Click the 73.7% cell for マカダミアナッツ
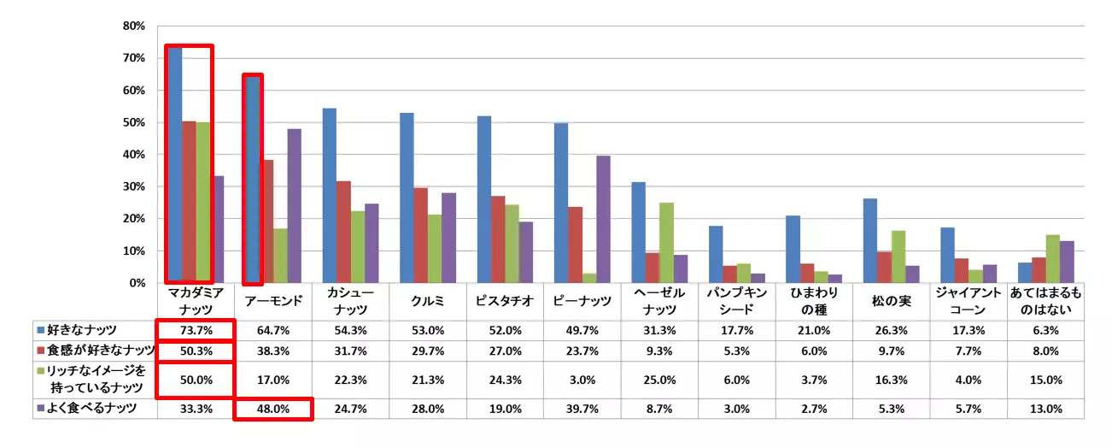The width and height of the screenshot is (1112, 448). click(x=193, y=330)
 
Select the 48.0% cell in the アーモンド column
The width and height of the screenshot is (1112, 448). click(x=272, y=409)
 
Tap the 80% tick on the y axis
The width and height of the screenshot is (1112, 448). click(x=134, y=27)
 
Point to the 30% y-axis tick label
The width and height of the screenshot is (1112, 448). click(x=134, y=187)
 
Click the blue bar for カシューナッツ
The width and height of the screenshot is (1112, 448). click(x=330, y=196)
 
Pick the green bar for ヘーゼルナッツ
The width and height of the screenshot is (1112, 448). click(x=666, y=243)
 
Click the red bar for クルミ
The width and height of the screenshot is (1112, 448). click(x=420, y=235)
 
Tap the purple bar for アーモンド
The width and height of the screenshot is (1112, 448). click(x=295, y=206)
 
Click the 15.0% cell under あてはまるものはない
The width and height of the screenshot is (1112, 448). click(x=1046, y=380)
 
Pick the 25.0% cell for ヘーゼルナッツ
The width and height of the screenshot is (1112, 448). click(x=659, y=380)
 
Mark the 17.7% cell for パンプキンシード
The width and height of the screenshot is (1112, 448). click(x=736, y=330)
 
